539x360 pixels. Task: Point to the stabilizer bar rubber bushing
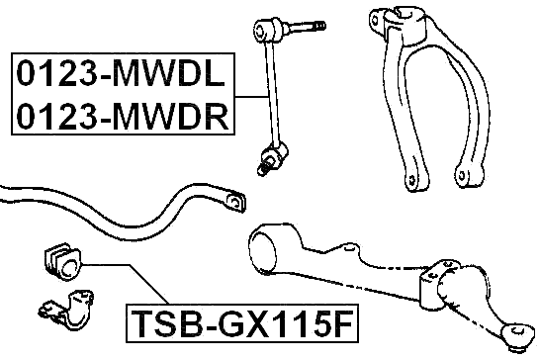click(x=63, y=262)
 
